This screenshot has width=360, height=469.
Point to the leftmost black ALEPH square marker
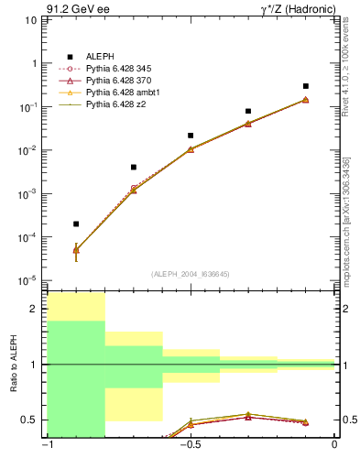[76, 224]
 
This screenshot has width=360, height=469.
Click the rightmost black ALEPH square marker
[305, 86]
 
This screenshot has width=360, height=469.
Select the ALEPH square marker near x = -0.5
[191, 136]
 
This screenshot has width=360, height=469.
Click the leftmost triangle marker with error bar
[76, 249]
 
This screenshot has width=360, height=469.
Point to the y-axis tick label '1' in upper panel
[36, 63]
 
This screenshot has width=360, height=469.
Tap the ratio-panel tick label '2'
[36, 310]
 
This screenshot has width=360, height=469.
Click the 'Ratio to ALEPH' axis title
[14, 365]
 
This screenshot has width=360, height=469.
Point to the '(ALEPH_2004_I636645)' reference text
[191, 273]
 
